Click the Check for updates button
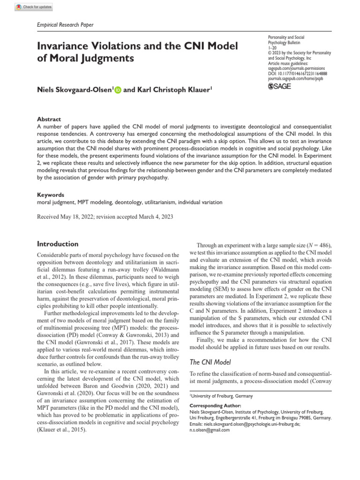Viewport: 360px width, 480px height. point(34,7)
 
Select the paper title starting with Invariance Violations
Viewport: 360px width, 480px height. point(137,52)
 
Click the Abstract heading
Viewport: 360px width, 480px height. point(49,120)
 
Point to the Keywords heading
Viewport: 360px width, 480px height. point(51,195)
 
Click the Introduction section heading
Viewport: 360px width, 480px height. point(58,244)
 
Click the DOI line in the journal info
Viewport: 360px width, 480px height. point(298,74)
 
